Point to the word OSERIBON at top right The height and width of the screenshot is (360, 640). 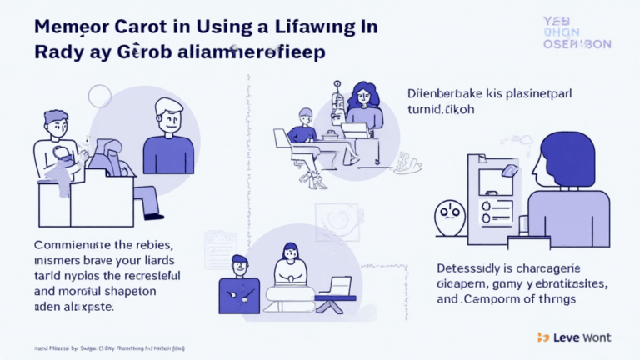[x=577, y=44]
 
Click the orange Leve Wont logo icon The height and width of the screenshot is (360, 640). [x=543, y=337]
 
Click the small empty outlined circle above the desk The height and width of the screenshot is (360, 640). [x=100, y=97]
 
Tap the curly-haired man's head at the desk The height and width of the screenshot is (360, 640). [x=56, y=125]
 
